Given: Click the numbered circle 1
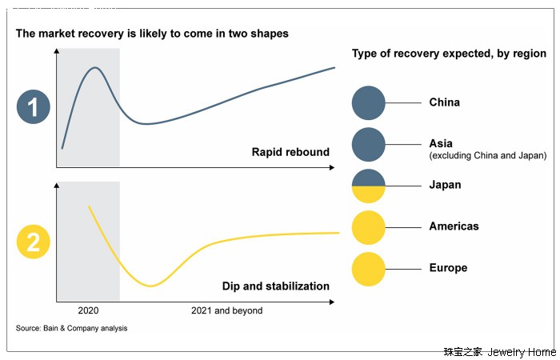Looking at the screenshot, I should click(x=33, y=108).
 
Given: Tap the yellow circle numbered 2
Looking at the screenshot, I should click(x=33, y=242).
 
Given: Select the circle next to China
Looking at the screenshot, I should click(x=369, y=103).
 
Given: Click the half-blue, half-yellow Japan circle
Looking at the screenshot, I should click(x=369, y=186).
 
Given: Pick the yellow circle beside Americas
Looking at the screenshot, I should click(x=369, y=227).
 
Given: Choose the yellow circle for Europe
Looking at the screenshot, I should click(x=369, y=269).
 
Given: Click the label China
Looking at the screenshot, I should click(x=444, y=102).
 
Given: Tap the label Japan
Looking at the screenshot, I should click(x=445, y=185).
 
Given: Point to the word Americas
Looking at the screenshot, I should click(x=454, y=226).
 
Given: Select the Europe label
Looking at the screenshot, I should click(x=448, y=268).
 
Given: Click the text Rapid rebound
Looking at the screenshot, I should click(x=290, y=152).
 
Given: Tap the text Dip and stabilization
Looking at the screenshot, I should click(x=275, y=286).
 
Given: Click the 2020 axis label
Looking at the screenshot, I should click(x=88, y=310).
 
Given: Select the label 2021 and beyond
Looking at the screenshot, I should click(x=227, y=310).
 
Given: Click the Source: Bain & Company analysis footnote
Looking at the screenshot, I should click(x=71, y=328).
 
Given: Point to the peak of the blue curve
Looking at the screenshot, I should click(x=95, y=68).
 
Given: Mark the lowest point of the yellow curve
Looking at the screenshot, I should click(x=150, y=286).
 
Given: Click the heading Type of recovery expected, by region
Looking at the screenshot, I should click(x=449, y=54).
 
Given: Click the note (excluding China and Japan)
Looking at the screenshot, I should click(x=488, y=155).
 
